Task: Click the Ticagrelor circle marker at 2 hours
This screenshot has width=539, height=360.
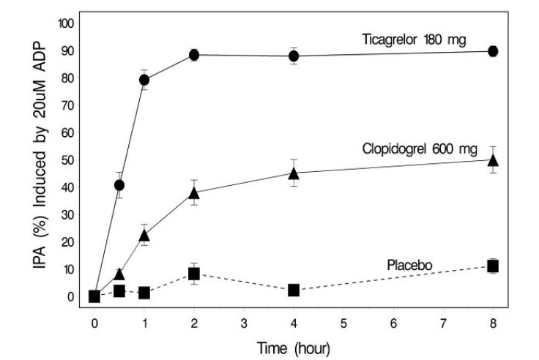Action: (x=194, y=55)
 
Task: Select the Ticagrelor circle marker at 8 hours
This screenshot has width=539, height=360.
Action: (x=493, y=51)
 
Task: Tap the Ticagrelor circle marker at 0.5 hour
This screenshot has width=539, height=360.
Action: (x=119, y=185)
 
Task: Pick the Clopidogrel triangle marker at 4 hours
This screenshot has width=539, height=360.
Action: (x=294, y=173)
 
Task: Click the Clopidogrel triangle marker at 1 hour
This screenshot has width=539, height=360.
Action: (x=144, y=236)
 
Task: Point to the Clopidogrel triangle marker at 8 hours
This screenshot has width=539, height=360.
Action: (x=493, y=160)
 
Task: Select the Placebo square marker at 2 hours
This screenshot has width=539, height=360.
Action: (x=194, y=274)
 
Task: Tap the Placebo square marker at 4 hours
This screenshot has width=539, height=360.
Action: (x=294, y=290)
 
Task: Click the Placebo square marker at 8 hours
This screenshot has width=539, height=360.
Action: (x=493, y=266)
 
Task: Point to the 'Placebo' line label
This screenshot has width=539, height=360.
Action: (x=406, y=263)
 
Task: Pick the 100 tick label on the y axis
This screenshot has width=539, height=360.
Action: (x=66, y=23)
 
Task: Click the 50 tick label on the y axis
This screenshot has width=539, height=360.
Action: (x=69, y=160)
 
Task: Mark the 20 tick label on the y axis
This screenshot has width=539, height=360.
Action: (x=69, y=242)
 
